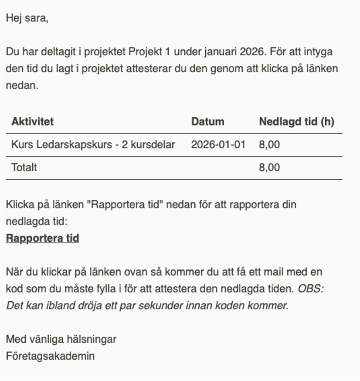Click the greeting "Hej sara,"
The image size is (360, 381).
coord(27,19)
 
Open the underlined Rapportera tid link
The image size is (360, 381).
coord(42,238)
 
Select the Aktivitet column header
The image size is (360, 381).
coord(32,122)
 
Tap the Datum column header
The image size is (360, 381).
coord(207,122)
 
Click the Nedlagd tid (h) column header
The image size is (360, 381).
coord(296,122)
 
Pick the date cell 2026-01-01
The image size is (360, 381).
coord(218,145)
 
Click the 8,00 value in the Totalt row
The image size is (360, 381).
coord(269,167)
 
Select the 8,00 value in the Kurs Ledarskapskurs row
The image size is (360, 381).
coord(269,145)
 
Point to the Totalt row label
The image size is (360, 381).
coord(24,167)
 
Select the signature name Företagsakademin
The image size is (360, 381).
coord(50,355)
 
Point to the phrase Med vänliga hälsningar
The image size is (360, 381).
coord(61,339)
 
